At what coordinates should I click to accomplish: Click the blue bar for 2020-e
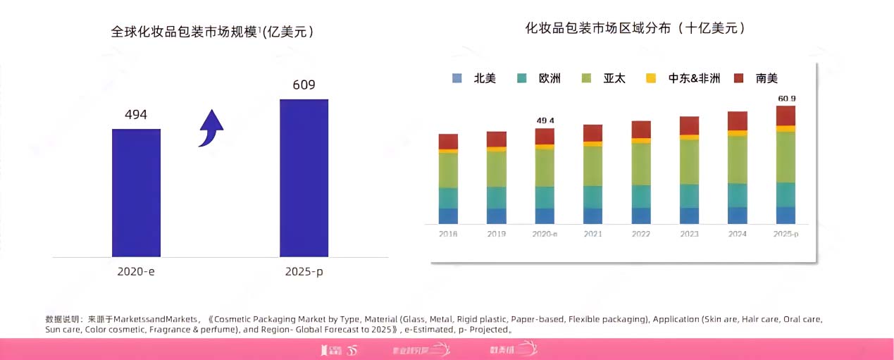pos(136,192)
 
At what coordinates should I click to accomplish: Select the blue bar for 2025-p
pos(304,178)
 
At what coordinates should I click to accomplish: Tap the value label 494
pos(136,115)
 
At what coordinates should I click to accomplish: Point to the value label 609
pos(304,85)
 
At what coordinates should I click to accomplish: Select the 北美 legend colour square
pos(457,79)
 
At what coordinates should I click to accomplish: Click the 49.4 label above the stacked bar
pos(545,120)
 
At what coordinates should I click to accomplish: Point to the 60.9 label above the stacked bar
pos(786,99)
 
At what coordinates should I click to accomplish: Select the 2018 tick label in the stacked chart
pos(448,234)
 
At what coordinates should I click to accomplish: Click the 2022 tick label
pos(641,234)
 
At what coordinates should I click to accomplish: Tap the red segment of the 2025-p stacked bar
pos(786,116)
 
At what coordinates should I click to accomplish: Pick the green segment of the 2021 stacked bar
pos(592,166)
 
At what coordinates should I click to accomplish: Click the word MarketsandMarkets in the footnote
pos(155,319)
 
